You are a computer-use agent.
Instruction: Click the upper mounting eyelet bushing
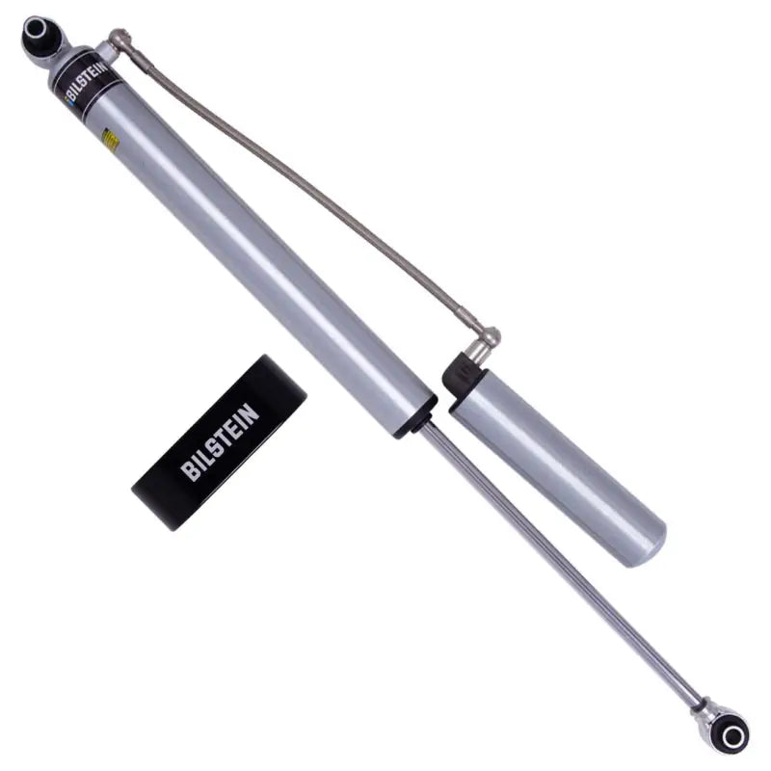(x=42, y=39)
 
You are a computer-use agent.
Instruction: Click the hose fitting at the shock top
(x=120, y=40)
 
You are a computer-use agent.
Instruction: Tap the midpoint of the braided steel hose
(x=318, y=193)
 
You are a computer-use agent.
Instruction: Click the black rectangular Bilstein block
(x=219, y=440)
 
